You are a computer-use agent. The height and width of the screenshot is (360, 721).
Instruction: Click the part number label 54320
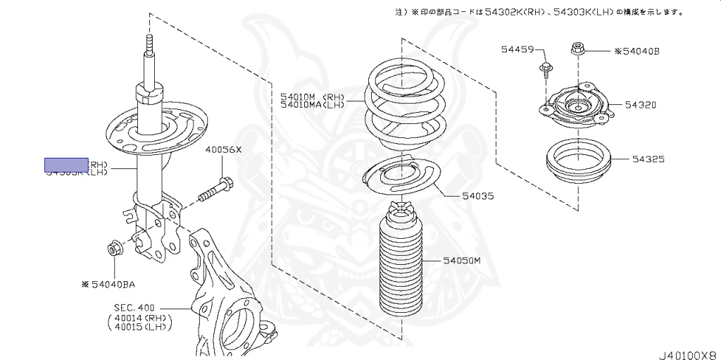tap(641, 104)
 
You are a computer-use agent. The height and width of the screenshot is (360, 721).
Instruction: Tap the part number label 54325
tap(647, 160)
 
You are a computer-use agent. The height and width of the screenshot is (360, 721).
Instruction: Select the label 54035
tap(478, 196)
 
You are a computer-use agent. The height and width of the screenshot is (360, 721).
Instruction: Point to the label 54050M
tap(461, 261)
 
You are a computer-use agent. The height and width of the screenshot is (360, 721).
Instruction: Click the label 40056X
tap(223, 149)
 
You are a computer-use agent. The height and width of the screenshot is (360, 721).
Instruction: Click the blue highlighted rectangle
tap(67, 166)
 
